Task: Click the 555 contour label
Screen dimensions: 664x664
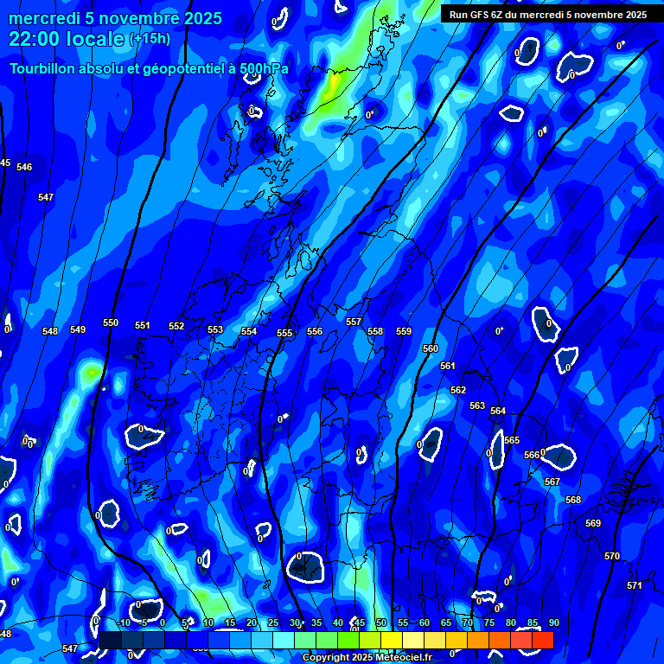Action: [x=284, y=333]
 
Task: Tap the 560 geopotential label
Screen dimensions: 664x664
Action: [x=431, y=348]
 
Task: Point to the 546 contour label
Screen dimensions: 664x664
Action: [x=24, y=167]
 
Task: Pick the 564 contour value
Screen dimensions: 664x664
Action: [x=498, y=411]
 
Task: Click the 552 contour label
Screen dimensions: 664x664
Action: [x=176, y=326]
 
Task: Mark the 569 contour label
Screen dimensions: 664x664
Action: [x=593, y=523]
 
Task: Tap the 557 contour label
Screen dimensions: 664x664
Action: [x=354, y=322]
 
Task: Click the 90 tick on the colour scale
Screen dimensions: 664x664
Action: [x=553, y=622]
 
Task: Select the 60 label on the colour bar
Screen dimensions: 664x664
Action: [x=425, y=622]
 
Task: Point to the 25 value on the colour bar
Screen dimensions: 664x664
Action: [x=273, y=622]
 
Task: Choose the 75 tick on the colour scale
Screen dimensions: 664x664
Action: [x=489, y=622]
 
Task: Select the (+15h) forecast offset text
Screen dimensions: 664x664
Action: [x=150, y=39]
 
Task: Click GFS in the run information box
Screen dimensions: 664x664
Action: [x=483, y=15]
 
